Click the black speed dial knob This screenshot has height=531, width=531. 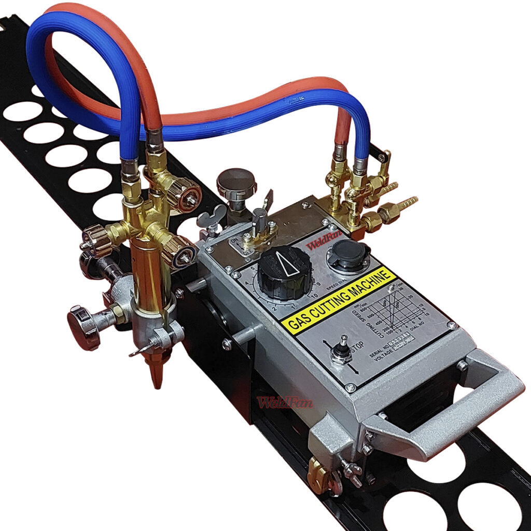click(285, 270)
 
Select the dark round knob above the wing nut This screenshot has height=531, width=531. click(236, 181)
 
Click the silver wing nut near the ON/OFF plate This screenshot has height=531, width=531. click(213, 215)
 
